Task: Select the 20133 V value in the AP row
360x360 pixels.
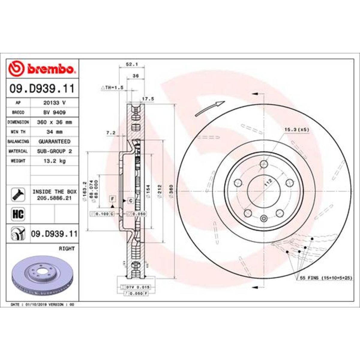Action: (x=54, y=103)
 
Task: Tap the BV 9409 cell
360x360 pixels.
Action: (x=54, y=112)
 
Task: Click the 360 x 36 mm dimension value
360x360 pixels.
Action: (x=54, y=122)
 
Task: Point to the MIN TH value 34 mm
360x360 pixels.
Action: (x=54, y=132)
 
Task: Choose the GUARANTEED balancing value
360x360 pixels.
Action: (x=54, y=141)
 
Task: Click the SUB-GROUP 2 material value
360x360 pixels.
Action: (x=54, y=151)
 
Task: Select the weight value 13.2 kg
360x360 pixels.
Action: (x=54, y=161)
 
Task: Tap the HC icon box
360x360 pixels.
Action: (x=18, y=214)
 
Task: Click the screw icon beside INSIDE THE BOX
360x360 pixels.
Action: (x=18, y=195)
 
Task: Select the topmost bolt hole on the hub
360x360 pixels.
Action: (x=264, y=164)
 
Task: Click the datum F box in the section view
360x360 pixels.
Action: (x=112, y=199)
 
